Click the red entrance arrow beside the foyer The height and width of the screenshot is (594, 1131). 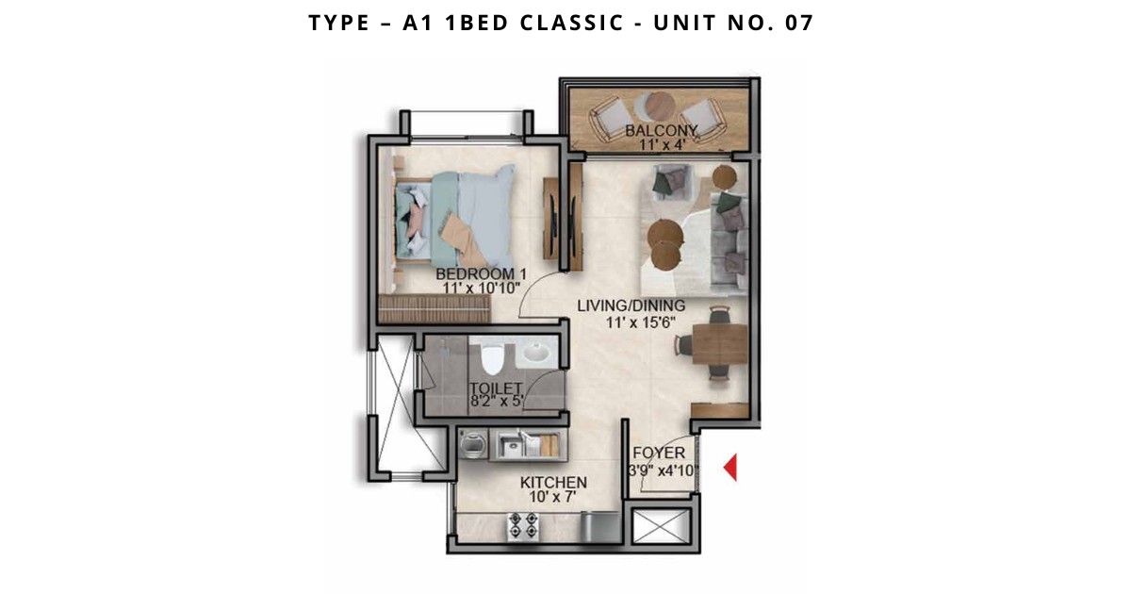tap(731, 468)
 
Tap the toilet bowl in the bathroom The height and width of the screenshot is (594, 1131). tap(491, 356)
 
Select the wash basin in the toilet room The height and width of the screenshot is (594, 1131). tap(534, 353)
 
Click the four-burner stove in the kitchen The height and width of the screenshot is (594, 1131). tap(522, 525)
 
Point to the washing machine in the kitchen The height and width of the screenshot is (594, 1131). tap(473, 445)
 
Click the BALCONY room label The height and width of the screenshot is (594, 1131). tap(661, 131)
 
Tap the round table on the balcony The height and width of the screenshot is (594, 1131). tap(660, 105)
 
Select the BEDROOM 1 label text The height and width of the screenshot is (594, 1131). tap(481, 274)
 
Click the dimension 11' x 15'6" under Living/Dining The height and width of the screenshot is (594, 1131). tap(640, 322)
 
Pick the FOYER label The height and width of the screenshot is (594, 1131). tap(659, 453)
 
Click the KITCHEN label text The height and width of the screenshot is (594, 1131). tap(553, 483)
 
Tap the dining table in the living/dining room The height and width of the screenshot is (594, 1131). tap(719, 344)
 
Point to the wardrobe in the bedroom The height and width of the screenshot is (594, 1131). tap(434, 308)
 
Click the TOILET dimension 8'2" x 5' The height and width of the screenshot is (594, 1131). tap(498, 402)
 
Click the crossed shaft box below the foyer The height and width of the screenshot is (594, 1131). tap(661, 526)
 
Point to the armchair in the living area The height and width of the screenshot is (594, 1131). tap(671, 182)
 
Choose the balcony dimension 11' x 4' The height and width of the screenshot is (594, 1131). tap(662, 145)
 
